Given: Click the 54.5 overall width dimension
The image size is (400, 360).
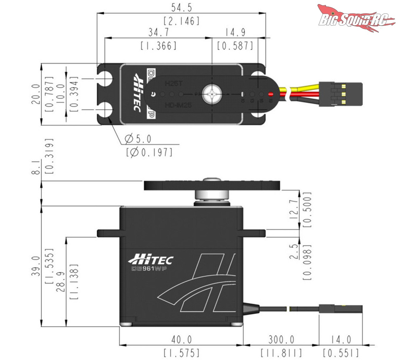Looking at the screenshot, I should pyautogui.click(x=181, y=8).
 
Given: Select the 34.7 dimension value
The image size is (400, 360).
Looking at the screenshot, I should pyautogui.click(x=158, y=32).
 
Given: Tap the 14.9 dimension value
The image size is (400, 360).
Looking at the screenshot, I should pyautogui.click(x=235, y=32).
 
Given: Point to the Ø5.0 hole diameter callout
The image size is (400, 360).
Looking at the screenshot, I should pyautogui.click(x=138, y=139).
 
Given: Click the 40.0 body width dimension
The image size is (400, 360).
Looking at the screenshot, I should pyautogui.click(x=181, y=339).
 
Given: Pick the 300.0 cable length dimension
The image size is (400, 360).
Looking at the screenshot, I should pyautogui.click(x=281, y=339).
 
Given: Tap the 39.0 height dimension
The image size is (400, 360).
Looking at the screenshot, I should pyautogui.click(x=36, y=266).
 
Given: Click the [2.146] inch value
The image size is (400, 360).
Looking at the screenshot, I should pyautogui.click(x=181, y=21).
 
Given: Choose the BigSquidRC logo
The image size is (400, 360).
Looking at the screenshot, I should pyautogui.click(x=355, y=19).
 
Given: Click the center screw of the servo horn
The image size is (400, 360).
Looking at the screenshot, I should pyautogui.click(x=212, y=94).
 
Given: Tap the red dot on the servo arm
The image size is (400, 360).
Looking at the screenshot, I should pyautogui.click(x=271, y=94).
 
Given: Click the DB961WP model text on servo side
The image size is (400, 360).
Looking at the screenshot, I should pyautogui.click(x=148, y=269).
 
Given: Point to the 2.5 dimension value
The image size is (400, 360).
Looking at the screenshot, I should pyautogui.click(x=294, y=251).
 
